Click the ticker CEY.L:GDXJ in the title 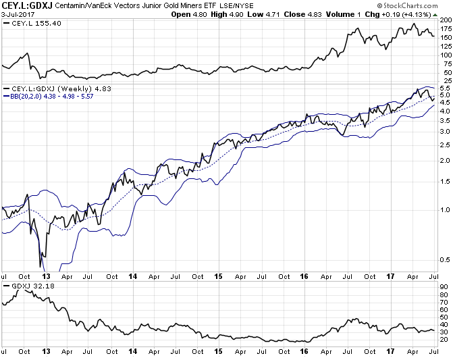pos(28,5)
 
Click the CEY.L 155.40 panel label pos(27,24)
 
